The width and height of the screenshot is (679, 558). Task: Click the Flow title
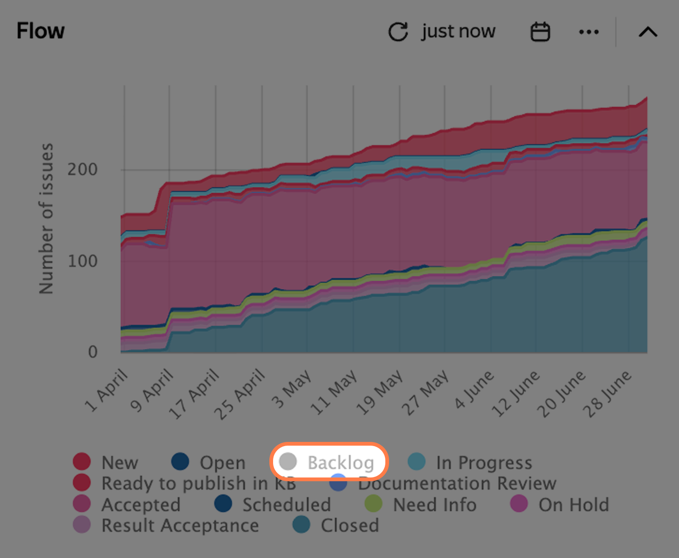[41, 31]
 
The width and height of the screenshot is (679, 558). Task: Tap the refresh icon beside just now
[398, 31]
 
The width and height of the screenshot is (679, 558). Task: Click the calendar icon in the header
[540, 31]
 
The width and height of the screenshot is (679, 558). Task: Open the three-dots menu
[589, 32]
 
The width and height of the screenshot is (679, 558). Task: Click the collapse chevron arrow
[648, 32]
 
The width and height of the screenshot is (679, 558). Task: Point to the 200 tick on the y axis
[82, 169]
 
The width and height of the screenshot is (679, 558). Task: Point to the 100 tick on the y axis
[82, 261]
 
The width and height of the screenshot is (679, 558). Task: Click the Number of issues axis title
[46, 219]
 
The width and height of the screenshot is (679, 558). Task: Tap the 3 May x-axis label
[291, 389]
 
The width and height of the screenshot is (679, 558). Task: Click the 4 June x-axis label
[474, 389]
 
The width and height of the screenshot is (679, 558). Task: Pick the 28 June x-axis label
[607, 394]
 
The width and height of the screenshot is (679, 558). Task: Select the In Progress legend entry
[470, 462]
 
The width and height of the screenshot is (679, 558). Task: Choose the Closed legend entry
[335, 525]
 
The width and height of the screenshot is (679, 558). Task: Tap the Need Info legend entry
[420, 504]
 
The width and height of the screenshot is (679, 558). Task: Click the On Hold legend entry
[560, 504]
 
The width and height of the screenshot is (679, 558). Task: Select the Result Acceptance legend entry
[166, 525]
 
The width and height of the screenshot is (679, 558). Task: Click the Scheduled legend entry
[272, 504]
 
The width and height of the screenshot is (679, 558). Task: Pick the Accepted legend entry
[127, 504]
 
